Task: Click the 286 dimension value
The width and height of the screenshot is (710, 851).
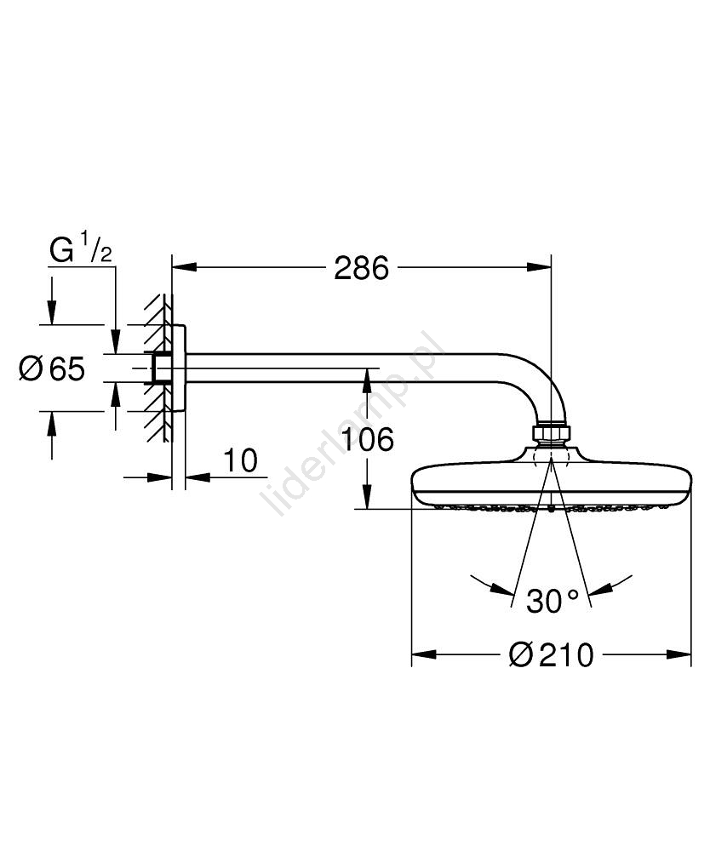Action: click(x=361, y=267)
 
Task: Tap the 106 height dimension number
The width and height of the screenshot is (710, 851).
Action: click(x=368, y=439)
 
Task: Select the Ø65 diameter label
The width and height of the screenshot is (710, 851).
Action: click(x=52, y=368)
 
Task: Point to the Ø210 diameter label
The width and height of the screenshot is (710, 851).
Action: click(x=551, y=655)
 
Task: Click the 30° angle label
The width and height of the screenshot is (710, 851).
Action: click(x=553, y=601)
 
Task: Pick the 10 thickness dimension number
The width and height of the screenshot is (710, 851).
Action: click(x=240, y=460)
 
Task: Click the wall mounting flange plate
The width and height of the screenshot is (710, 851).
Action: click(x=179, y=368)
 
